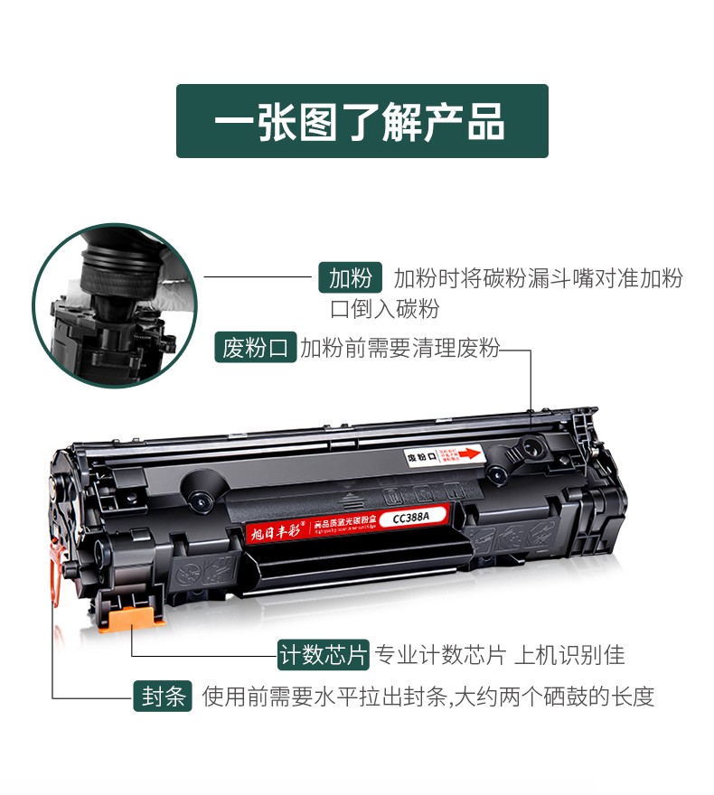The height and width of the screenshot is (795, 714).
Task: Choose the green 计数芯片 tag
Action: pyautogui.click(x=324, y=654)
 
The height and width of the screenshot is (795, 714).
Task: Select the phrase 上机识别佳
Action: pyautogui.click(x=569, y=654)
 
